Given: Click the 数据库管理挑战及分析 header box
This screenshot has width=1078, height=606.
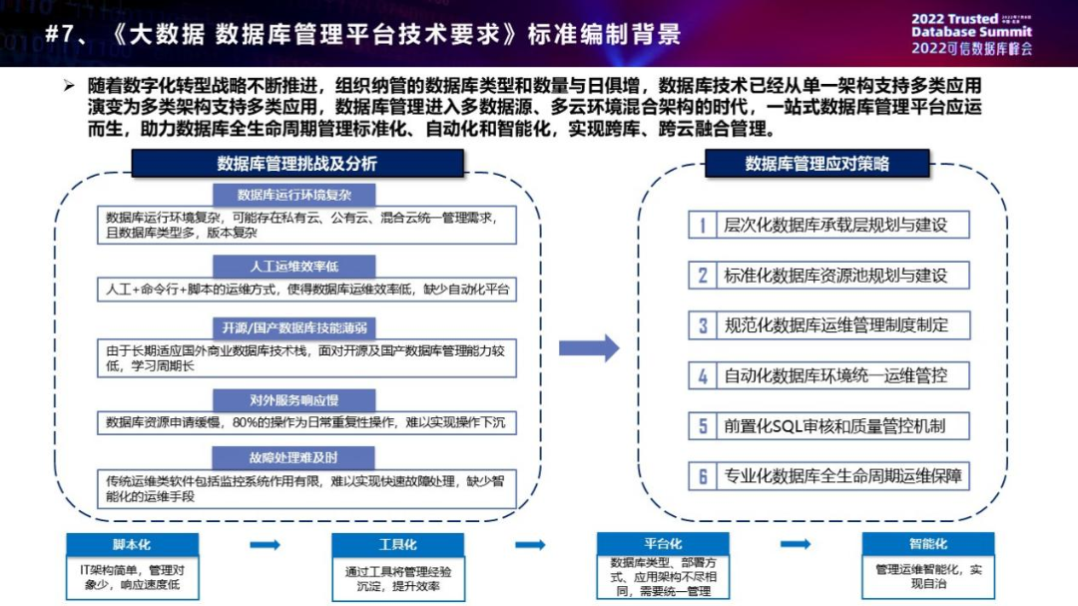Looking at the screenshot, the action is pos(296,164).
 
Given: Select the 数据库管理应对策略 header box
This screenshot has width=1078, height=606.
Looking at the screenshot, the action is pos(816,164).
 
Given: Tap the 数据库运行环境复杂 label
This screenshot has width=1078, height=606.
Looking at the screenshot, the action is pos(292,195).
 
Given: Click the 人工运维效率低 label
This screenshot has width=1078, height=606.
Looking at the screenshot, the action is pos(292,267).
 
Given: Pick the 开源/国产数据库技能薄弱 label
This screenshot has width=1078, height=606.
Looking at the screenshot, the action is pos(292,327).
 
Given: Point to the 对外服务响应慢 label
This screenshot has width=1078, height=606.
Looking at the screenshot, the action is pos(292,400).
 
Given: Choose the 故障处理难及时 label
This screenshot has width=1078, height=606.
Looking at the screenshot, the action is pos(292,458).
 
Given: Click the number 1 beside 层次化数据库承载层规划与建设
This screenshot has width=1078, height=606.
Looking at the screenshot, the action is pos(703,225).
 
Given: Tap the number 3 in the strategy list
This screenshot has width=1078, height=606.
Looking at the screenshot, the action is pos(703,325).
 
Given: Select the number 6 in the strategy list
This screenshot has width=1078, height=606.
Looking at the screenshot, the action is pos(703,476).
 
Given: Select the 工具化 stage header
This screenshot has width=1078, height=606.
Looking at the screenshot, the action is pos(397,545).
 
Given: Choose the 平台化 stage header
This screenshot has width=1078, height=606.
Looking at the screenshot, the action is pos(663,545).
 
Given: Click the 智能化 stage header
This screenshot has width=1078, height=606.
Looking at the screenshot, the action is pos(928,545).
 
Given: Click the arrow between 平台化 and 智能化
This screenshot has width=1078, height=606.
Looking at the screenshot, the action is pos(796,545).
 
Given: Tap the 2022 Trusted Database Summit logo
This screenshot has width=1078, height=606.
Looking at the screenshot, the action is pos(971,33).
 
